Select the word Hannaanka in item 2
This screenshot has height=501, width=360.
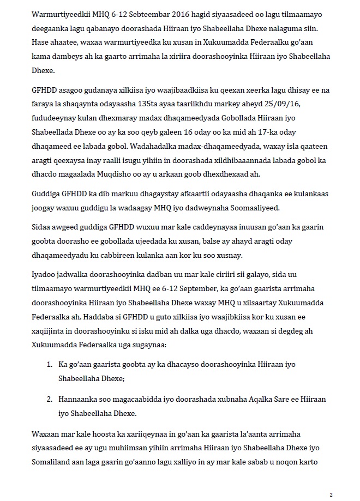coord(77,399)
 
